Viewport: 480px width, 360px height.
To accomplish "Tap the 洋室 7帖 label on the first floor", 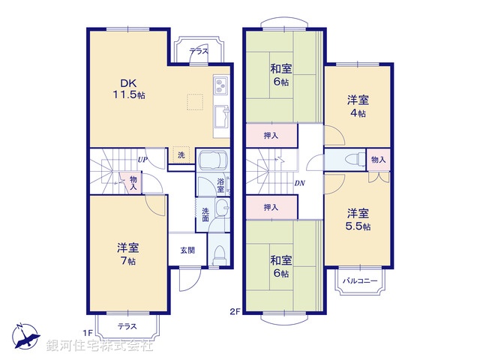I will pos(127,254).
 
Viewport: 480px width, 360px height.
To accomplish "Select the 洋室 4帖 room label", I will pos(357,106).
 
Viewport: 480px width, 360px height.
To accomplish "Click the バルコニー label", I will pos(359,281).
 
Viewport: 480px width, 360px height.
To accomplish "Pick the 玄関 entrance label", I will pos(187,250).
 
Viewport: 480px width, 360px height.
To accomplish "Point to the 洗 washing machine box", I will pos(181,155).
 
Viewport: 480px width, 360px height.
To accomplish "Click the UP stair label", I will pos(141,160).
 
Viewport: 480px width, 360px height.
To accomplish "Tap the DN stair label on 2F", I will pos(299,184).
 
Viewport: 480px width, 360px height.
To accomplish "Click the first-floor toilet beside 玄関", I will pos(220,253).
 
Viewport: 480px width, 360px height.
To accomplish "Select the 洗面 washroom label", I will pos(205,214).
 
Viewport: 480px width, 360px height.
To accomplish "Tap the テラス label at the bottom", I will pos(127,326).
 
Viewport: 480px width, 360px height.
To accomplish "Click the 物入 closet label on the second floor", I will pos(378,159).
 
